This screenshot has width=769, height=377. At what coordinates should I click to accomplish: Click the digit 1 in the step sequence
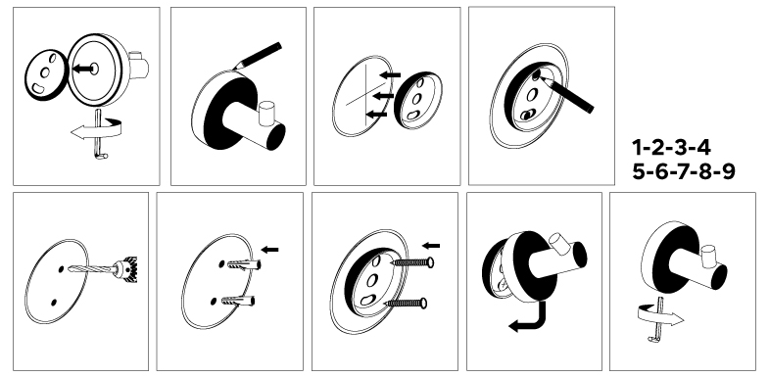pos(638,148)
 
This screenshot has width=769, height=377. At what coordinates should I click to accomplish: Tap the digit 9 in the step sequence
pos(728,171)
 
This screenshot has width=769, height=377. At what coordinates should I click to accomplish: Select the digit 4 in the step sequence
pos(703,148)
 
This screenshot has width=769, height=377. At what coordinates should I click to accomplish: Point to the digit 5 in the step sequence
pos(640,171)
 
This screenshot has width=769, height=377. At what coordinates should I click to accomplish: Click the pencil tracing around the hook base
pos(257,56)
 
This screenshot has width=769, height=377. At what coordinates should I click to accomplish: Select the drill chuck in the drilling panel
pos(126,269)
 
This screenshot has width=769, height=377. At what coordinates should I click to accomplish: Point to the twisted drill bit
pos(92,269)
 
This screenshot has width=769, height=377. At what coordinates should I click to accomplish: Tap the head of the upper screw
pos(430,262)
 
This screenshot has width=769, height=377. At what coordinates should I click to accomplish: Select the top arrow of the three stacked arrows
pos(391,75)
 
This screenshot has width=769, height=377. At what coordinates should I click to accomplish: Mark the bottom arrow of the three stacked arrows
pos(376,115)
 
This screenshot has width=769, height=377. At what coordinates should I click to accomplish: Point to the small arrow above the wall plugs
pos(269,250)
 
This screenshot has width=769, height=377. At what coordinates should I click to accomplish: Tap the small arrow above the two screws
pos(431,246)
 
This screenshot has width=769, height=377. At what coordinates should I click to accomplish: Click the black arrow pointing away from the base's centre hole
pos(82,70)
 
